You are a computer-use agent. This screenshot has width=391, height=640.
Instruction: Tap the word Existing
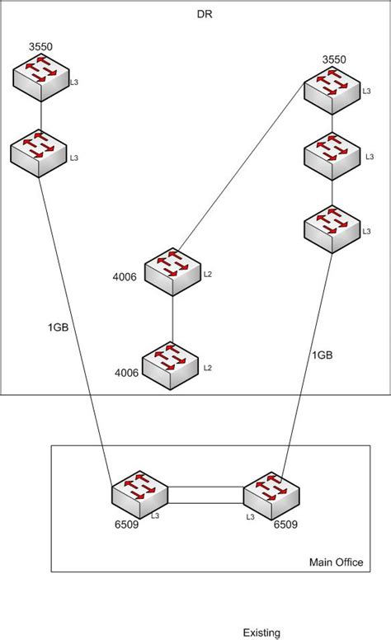(261, 633)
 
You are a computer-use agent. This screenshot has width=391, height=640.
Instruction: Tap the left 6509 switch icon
(139, 495)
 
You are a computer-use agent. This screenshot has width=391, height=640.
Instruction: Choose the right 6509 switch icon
(271, 495)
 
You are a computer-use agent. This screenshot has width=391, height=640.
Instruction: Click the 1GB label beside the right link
(323, 355)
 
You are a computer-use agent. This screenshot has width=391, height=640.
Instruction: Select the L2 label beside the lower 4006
(208, 367)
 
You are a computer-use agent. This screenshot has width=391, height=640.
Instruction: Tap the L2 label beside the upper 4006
(208, 274)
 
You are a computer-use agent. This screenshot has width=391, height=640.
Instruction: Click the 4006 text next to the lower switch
(126, 373)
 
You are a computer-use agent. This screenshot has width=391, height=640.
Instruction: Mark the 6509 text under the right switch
(285, 524)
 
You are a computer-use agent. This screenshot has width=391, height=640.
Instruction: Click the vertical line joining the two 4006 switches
(172, 318)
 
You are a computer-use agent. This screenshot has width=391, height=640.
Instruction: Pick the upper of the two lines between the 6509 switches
(205, 487)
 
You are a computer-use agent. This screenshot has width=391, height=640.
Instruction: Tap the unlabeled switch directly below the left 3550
(39, 153)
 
